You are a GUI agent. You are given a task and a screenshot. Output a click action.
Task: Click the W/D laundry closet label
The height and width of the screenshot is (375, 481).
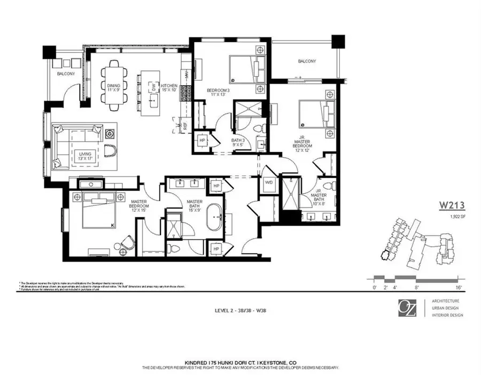(268, 182)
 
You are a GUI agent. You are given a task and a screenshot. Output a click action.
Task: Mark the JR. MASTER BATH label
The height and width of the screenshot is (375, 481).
(319, 198)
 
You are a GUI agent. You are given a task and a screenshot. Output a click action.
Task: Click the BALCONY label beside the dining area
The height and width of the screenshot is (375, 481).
(66, 74)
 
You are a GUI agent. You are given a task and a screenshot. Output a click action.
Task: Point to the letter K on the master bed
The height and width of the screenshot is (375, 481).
(111, 225)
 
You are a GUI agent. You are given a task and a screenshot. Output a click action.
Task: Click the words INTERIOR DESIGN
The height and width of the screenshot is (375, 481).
(447, 315)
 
